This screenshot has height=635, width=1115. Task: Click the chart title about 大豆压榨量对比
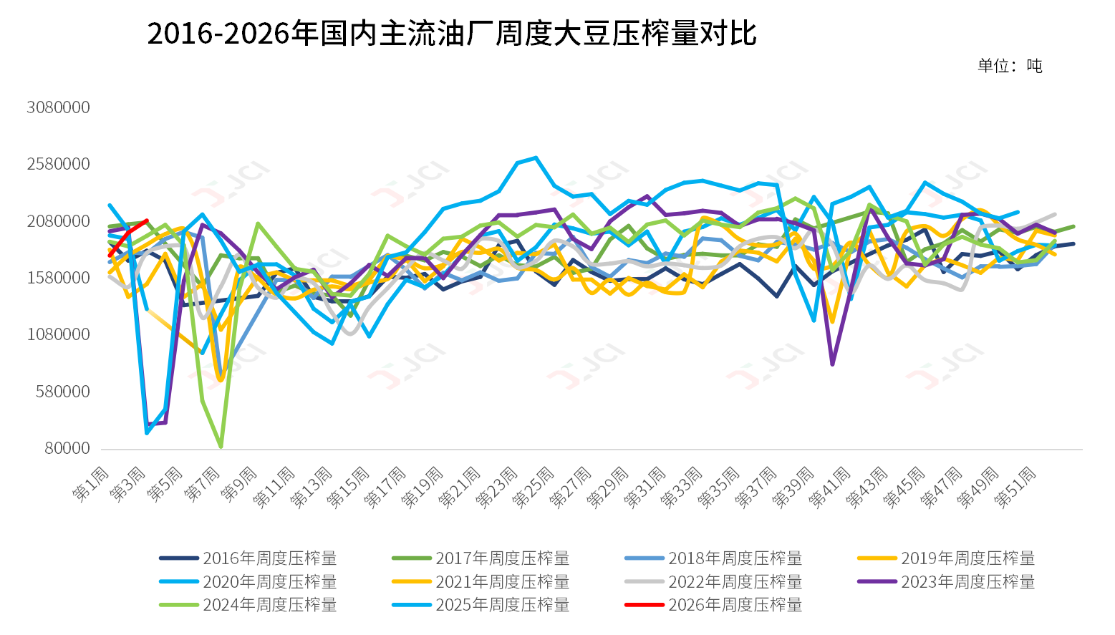pos(451,34)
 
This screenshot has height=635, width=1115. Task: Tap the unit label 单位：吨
pos(1010,66)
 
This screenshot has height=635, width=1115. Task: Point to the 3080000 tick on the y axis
pos(59,107)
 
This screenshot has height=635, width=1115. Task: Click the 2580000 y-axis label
pos(59,164)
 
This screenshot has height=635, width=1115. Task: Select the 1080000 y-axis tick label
pos(59,334)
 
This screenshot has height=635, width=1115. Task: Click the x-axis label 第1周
pos(91,483)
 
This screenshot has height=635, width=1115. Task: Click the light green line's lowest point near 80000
pos(221,447)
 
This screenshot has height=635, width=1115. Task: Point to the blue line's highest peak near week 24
pos(536,157)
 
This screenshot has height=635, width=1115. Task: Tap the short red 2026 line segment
pos(129,237)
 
